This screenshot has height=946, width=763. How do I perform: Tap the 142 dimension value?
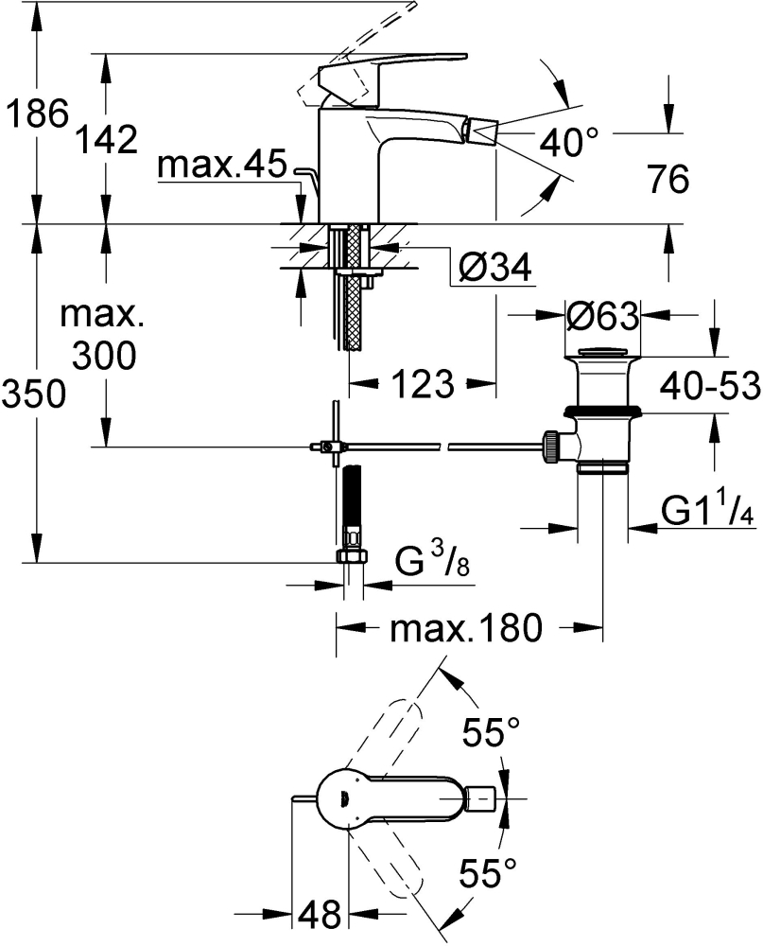pos(107,140)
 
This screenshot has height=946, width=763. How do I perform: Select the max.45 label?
pos(222,164)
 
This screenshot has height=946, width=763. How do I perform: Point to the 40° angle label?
pos(569,143)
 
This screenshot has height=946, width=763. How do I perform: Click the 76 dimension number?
pos(668,179)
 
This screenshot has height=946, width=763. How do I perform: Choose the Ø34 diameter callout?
pos(494,267)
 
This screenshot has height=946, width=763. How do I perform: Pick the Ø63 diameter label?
pos(602,315)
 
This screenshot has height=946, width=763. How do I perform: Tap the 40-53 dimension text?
pos(710,386)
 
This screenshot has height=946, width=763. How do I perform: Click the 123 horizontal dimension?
pos(423,383)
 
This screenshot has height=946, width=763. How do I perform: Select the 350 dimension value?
pos(33,394)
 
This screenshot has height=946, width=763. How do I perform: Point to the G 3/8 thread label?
pos(432,559)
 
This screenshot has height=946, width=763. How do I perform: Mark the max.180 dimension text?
pos(466,628)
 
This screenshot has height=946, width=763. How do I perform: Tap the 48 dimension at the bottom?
pos(321,915)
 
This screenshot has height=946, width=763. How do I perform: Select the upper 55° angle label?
pos(492,733)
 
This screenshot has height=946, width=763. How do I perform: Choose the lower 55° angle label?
pos(488,872)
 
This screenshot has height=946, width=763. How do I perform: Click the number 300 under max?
pos(104,355)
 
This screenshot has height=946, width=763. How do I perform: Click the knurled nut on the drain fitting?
pos(551,447)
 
